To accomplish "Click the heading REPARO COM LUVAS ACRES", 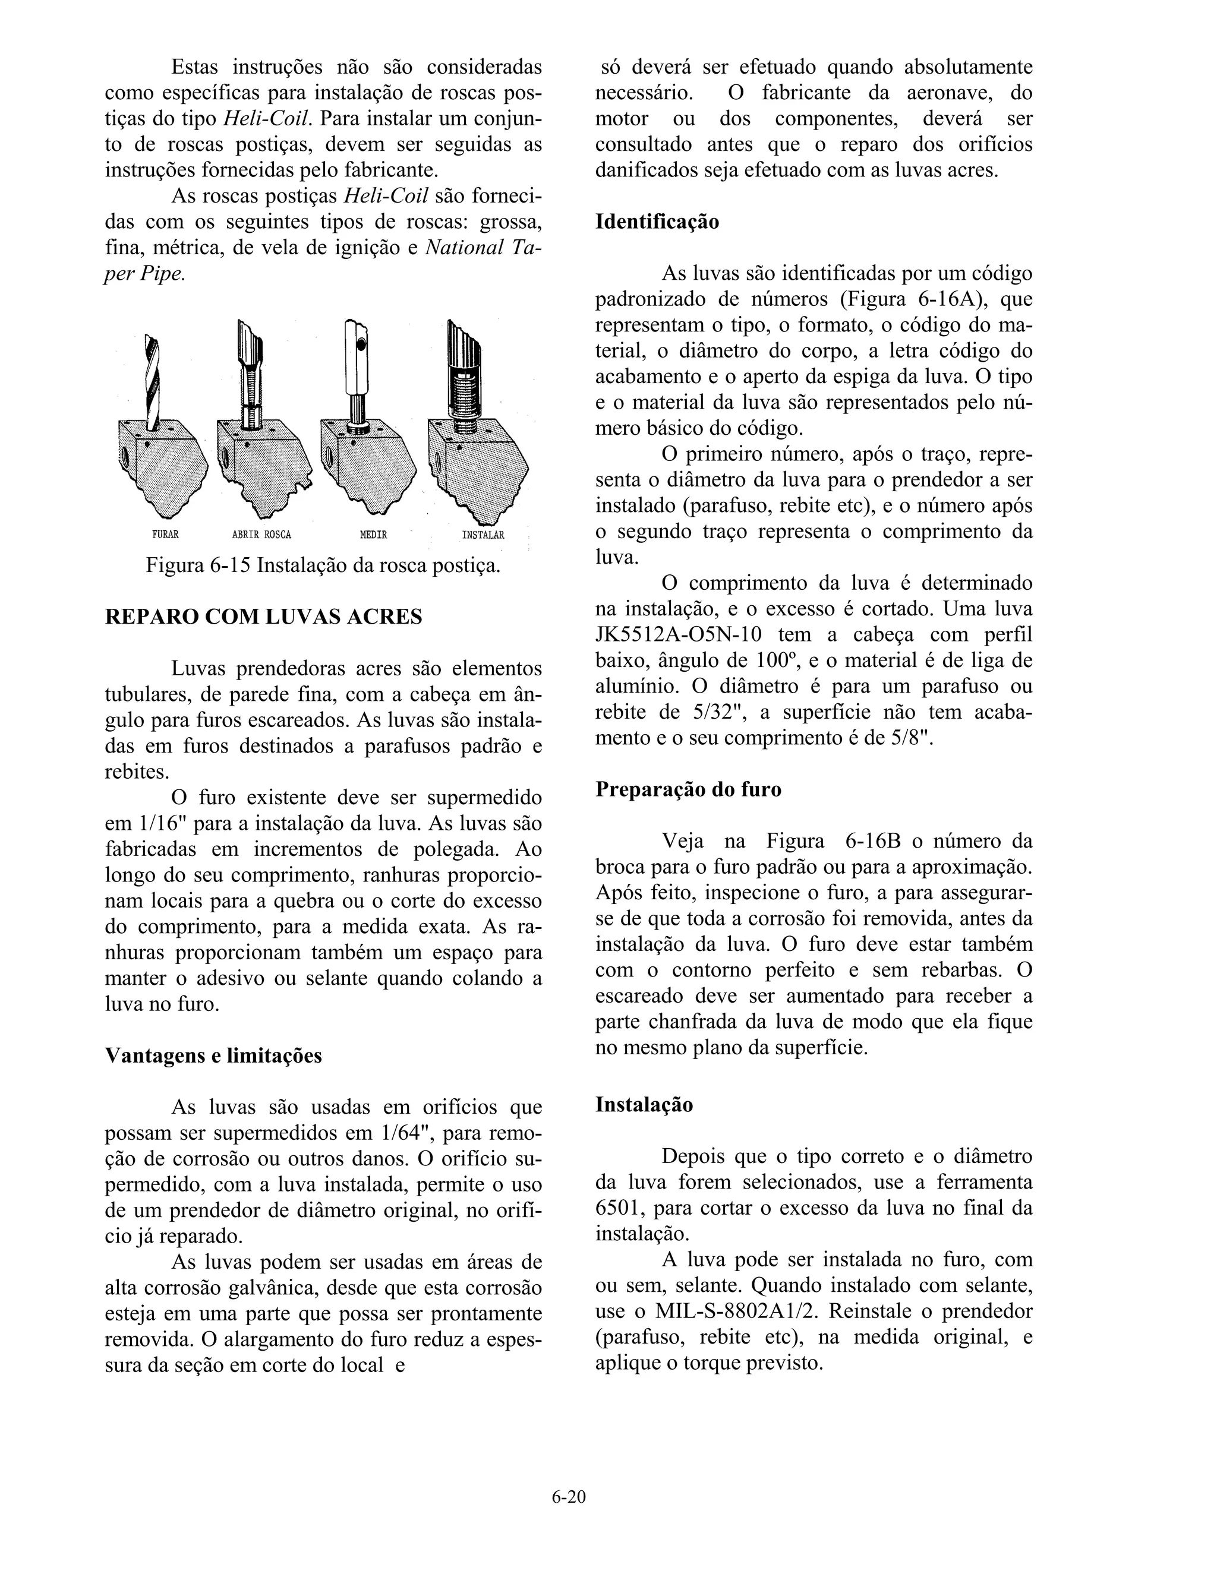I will pos(263,618).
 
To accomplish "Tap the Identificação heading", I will pos(657,222).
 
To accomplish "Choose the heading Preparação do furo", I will pos(688,789).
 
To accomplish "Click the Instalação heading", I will pos(644,1105).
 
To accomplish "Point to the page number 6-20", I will pos(569,1497).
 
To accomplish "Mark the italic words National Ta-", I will pos(483,247).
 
